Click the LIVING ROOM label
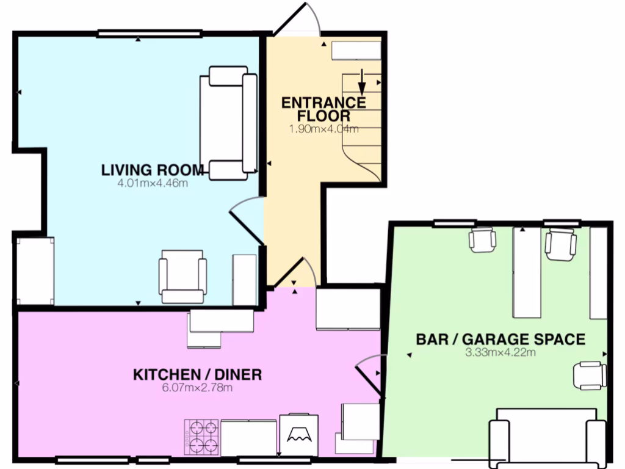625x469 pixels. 152,170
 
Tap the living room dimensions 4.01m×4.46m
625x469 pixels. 152,183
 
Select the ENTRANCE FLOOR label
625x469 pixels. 323,109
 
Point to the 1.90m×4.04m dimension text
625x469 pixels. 323,129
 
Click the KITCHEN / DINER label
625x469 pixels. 197,374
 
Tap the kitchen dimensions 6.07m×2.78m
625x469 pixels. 197,387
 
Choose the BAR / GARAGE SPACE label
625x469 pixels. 500,340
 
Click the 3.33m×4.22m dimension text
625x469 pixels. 500,352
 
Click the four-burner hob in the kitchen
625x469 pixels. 201,436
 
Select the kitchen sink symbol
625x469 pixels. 299,435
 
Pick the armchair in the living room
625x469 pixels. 182,277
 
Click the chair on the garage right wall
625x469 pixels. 590,375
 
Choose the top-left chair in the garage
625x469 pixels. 482,239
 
